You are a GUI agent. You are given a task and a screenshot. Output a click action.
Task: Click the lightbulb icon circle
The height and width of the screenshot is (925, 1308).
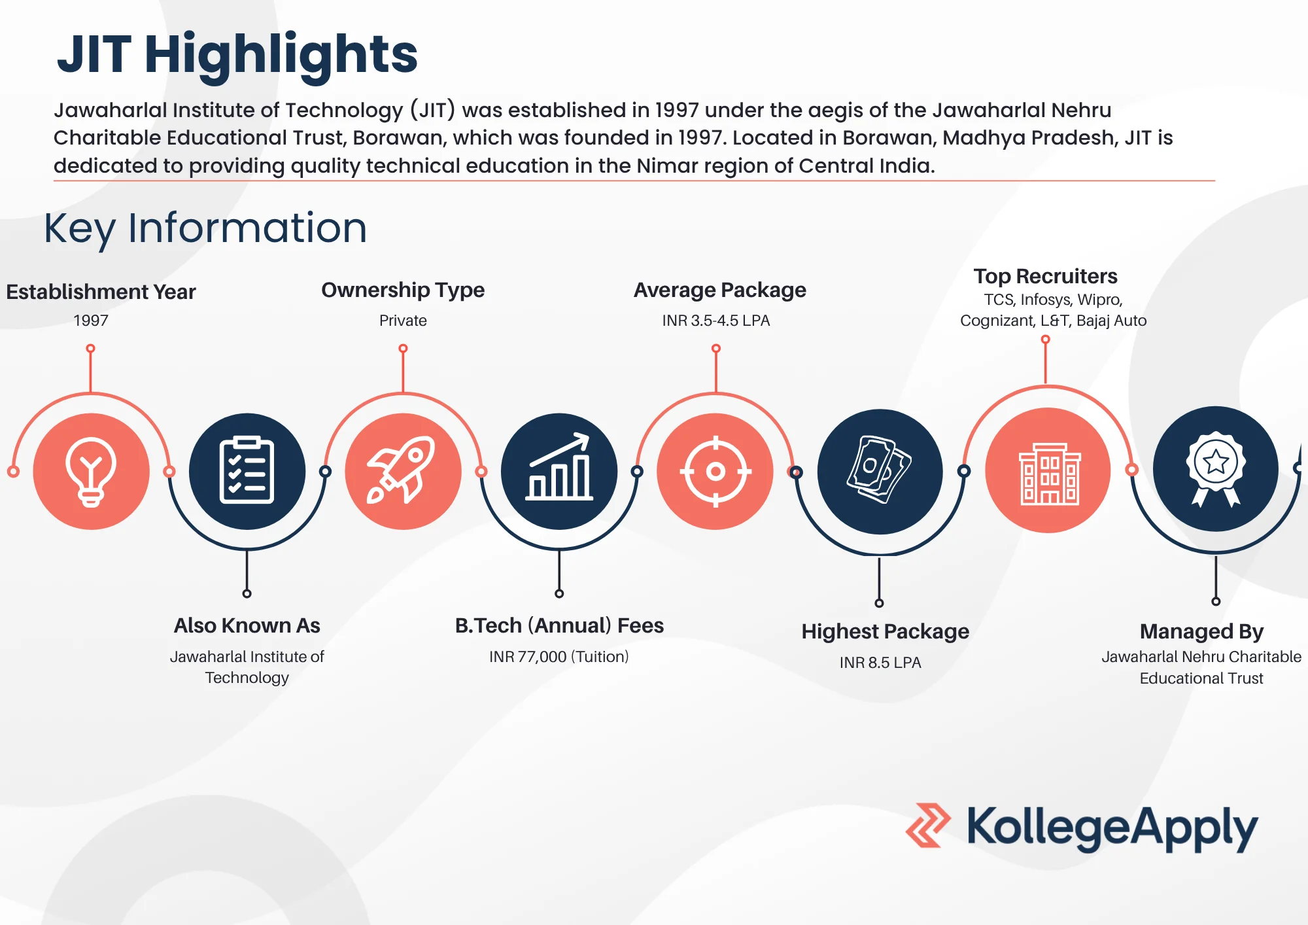91,471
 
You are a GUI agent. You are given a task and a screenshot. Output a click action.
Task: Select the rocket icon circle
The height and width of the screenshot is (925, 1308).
403,471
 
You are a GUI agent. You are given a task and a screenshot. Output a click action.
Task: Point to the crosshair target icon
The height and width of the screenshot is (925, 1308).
715,471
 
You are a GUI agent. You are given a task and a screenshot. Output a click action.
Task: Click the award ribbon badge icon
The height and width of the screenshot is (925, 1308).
1216,468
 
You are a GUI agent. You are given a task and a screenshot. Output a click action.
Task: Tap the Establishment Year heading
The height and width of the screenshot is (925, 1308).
101,292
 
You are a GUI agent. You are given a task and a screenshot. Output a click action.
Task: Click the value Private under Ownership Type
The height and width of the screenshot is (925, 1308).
403,321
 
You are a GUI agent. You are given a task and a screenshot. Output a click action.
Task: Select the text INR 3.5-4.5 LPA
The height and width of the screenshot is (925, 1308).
716,321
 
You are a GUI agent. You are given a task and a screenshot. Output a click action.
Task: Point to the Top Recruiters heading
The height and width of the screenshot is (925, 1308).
1045,277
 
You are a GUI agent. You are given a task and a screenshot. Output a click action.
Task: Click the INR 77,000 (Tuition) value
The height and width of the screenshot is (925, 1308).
559,656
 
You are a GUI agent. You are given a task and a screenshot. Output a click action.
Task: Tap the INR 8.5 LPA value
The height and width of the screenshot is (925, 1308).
880,663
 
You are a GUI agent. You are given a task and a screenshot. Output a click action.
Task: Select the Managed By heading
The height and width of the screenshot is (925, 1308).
1201,632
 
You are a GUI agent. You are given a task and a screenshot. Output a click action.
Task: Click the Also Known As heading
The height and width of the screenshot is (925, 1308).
247,625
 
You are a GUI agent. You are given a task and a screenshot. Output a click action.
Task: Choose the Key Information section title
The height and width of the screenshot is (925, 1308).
205,228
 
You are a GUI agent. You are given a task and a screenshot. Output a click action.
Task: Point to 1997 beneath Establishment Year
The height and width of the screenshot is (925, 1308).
91,321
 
